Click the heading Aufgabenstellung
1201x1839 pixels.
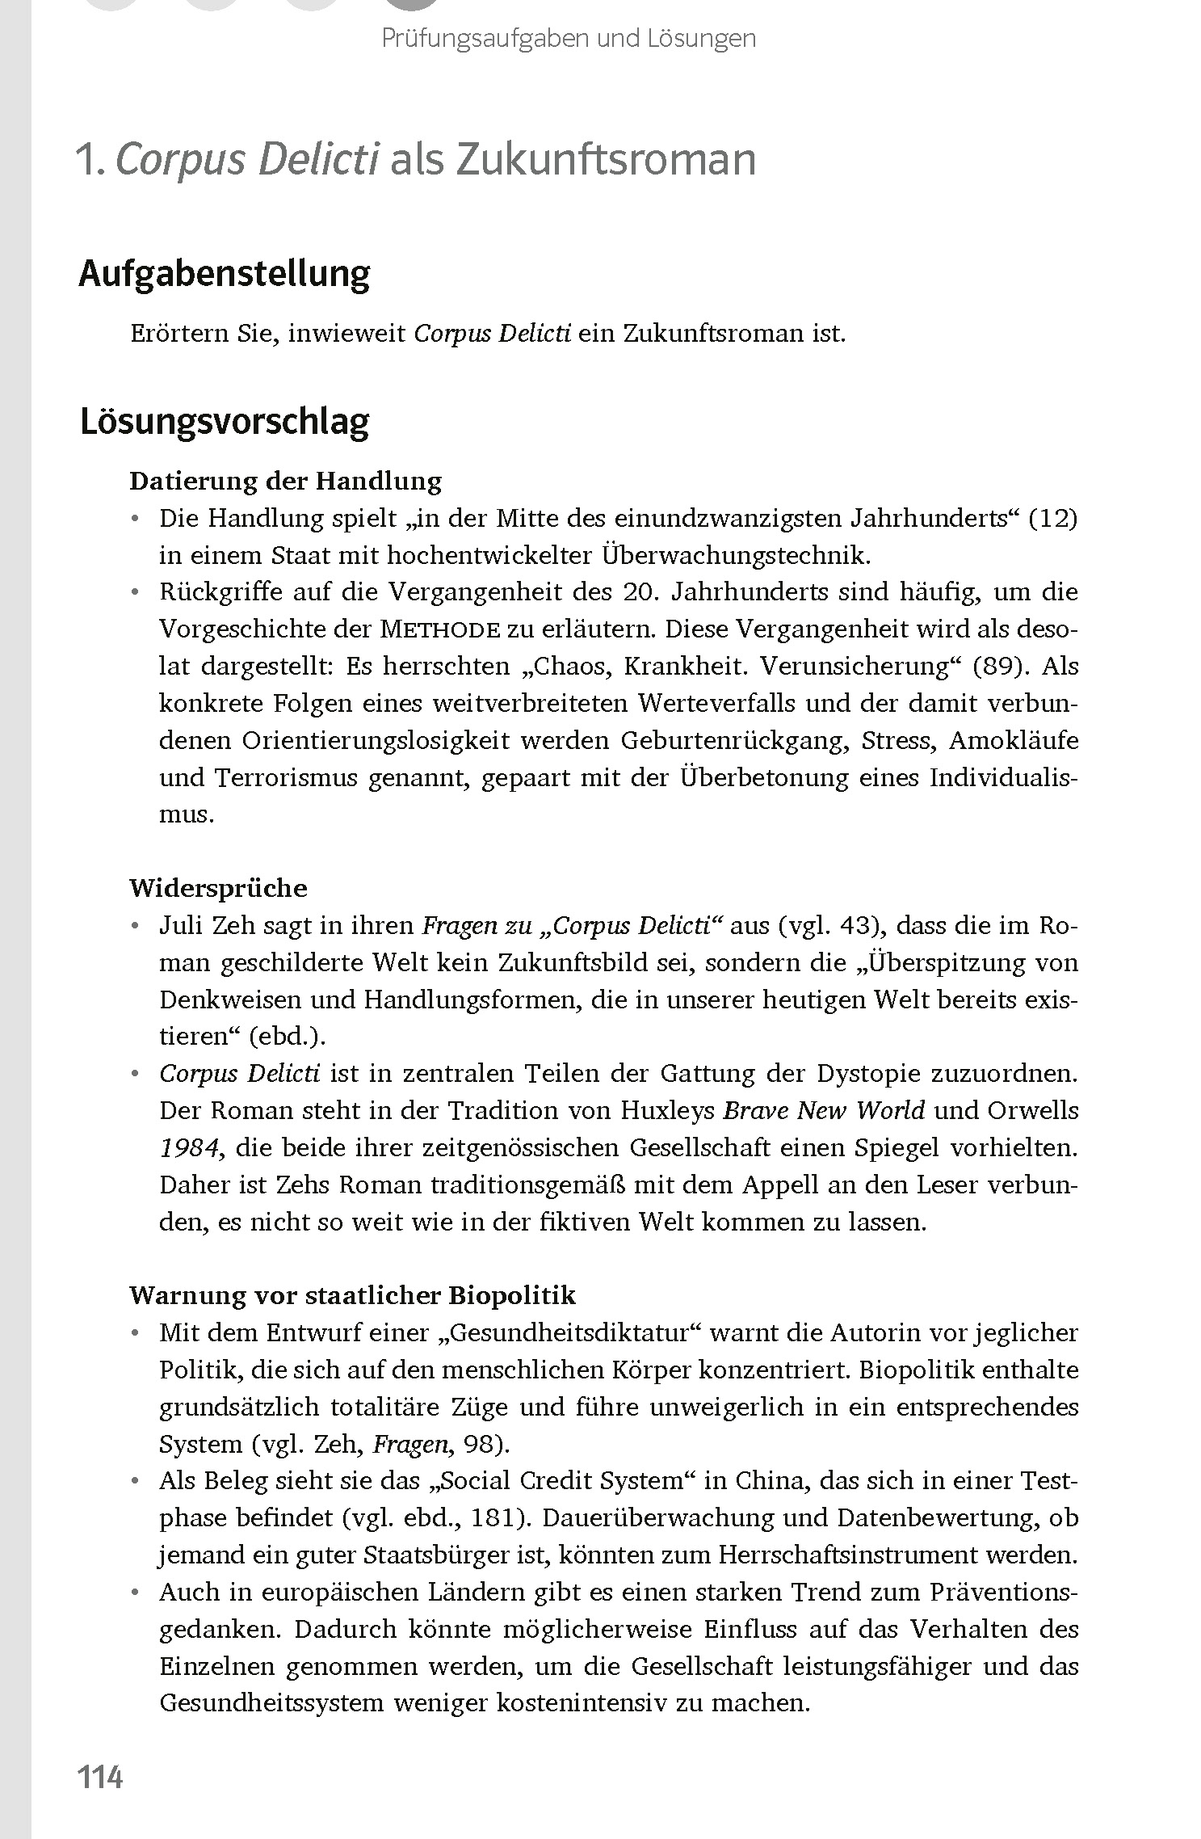coord(224,275)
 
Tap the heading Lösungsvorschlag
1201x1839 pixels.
coord(224,423)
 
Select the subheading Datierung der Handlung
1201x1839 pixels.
coord(285,481)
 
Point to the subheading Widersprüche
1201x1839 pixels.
coord(218,888)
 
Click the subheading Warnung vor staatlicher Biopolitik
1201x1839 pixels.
coord(352,1295)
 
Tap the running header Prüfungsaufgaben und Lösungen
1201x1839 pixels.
coord(569,38)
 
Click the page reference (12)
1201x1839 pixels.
coord(1053,518)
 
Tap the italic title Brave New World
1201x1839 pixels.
coord(823,1111)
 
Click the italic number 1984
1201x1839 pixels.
coord(187,1148)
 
